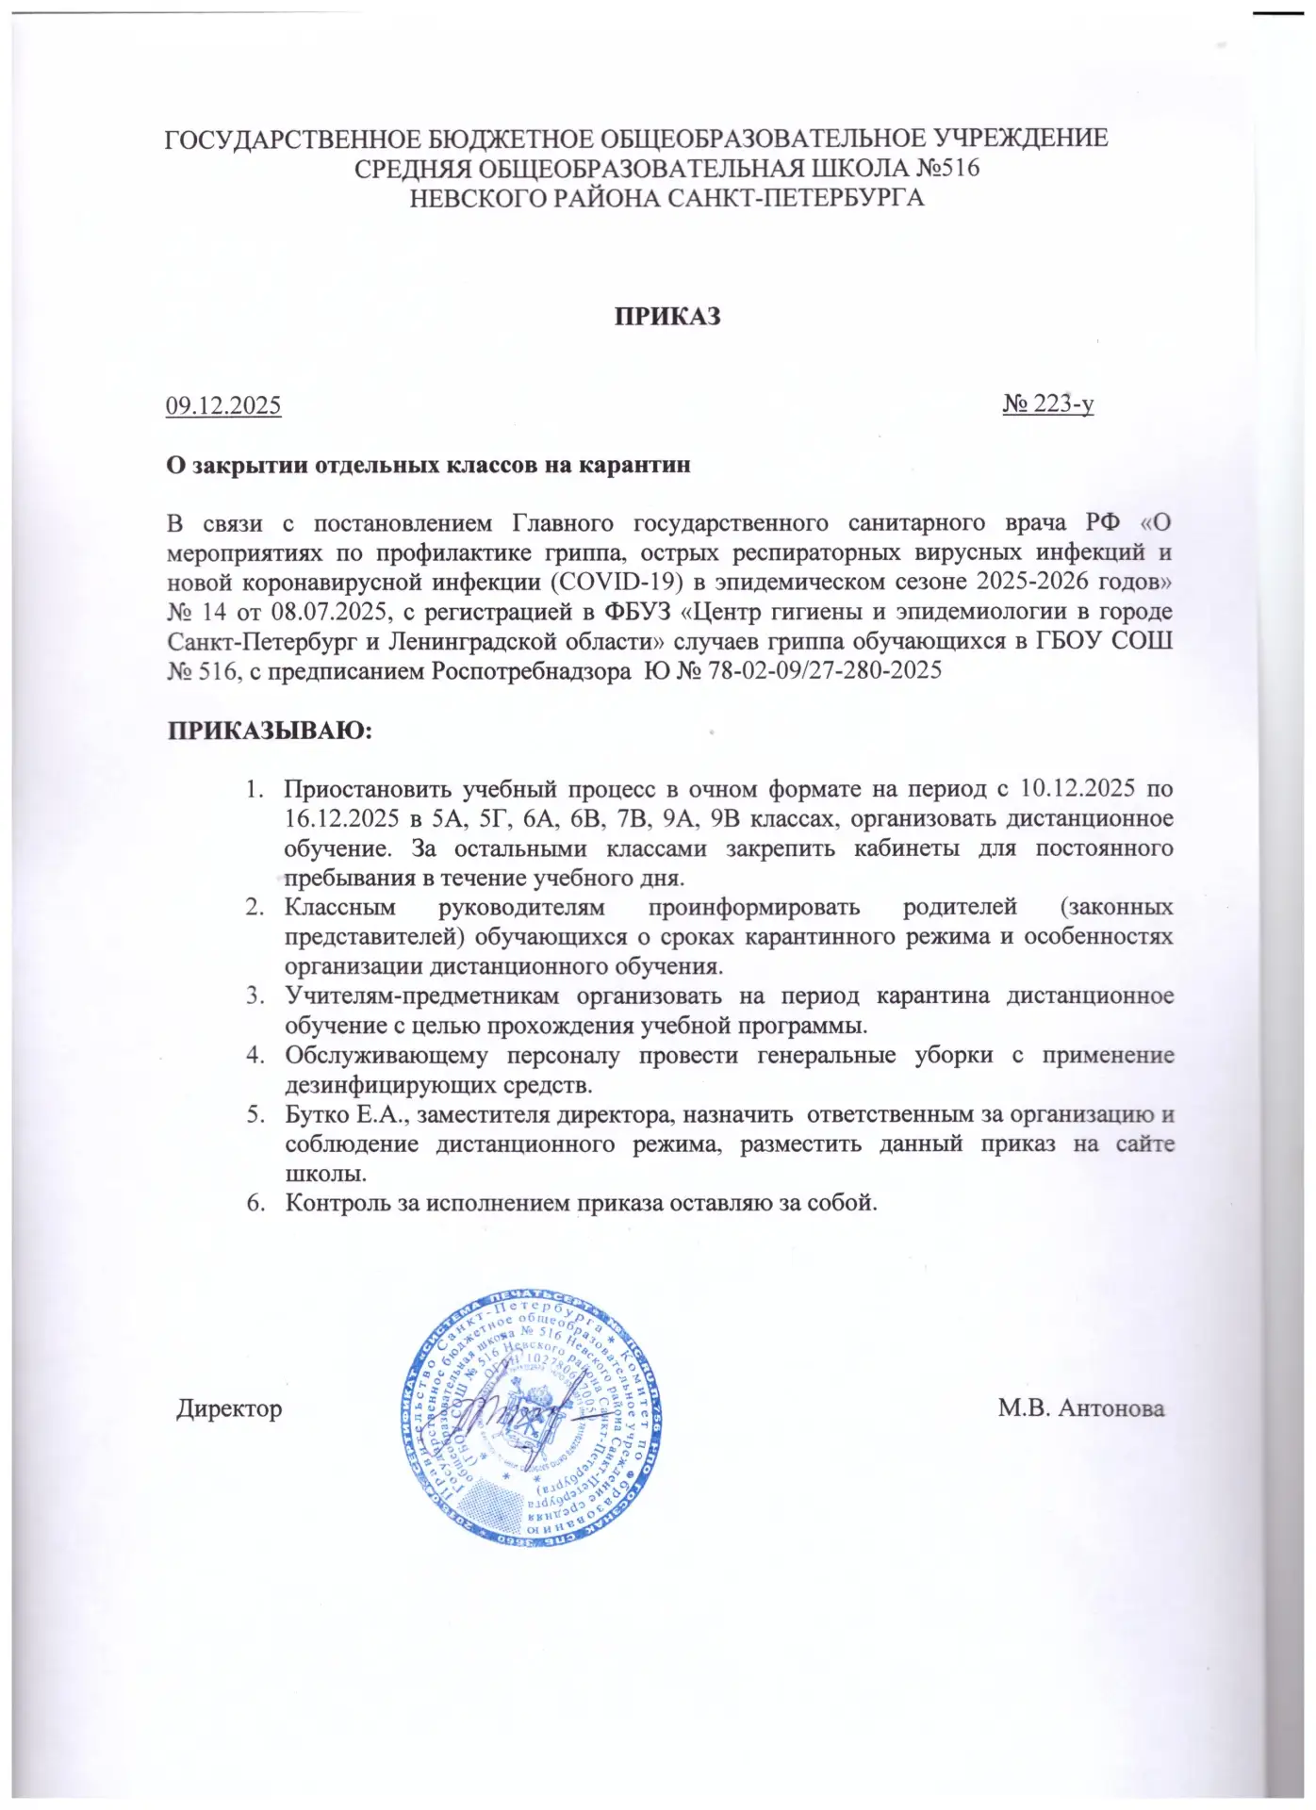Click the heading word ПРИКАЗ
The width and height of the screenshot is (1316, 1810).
pos(668,317)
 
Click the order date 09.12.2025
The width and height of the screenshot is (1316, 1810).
pos(223,406)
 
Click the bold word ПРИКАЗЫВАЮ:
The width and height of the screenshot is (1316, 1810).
pos(271,732)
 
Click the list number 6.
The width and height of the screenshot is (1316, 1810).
pos(254,1203)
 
